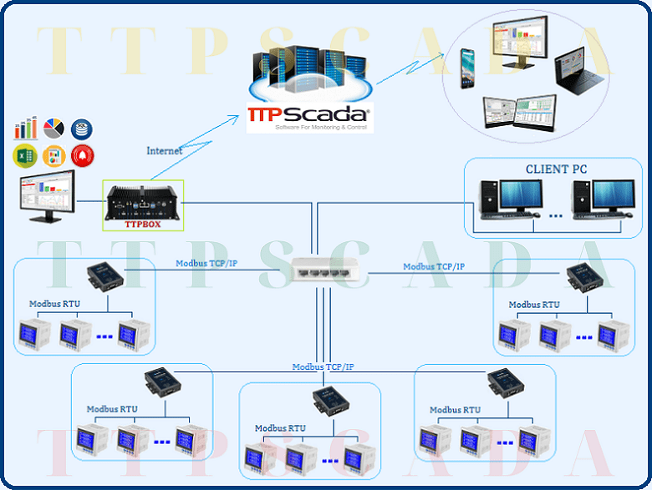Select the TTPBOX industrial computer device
click(140, 200)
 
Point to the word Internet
click(165, 151)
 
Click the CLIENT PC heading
click(556, 169)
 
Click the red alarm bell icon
click(82, 154)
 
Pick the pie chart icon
click(54, 128)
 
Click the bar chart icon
click(25, 128)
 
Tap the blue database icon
click(82, 128)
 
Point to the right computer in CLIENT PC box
click(594, 199)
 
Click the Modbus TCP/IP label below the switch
click(323, 367)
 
